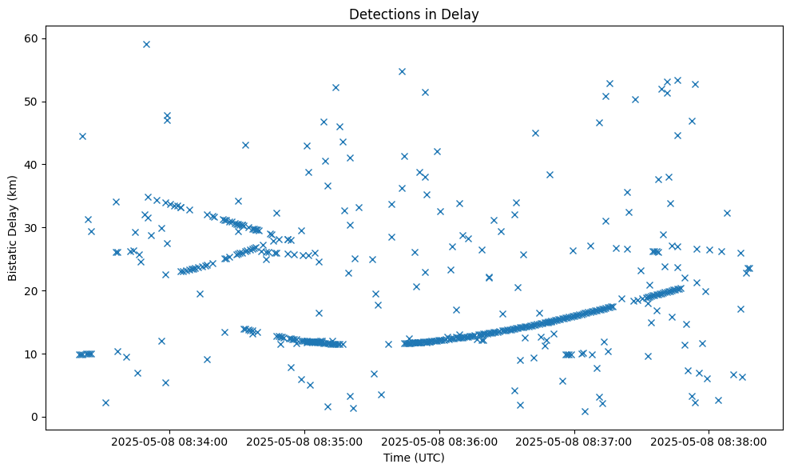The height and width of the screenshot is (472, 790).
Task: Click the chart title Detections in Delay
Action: [x=414, y=14]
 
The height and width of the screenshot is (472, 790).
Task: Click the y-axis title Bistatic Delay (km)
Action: [x=13, y=227]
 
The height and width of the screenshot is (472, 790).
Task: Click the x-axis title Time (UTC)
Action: [x=414, y=458]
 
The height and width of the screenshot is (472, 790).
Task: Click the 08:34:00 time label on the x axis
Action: [x=169, y=441]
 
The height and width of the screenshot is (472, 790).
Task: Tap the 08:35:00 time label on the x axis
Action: [x=304, y=441]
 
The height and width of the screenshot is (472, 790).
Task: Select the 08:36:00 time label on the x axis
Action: [x=439, y=441]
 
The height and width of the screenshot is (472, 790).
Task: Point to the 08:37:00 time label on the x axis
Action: [x=574, y=441]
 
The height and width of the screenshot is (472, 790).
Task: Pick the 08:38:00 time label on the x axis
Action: [x=709, y=441]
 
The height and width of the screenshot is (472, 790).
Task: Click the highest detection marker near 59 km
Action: [x=146, y=44]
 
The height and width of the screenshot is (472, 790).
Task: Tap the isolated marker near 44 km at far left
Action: [x=82, y=136]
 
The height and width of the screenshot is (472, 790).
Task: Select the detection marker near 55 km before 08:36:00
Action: [x=402, y=71]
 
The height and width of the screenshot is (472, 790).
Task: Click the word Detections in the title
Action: [x=379, y=14]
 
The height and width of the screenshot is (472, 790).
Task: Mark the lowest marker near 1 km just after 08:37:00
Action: [x=585, y=411]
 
